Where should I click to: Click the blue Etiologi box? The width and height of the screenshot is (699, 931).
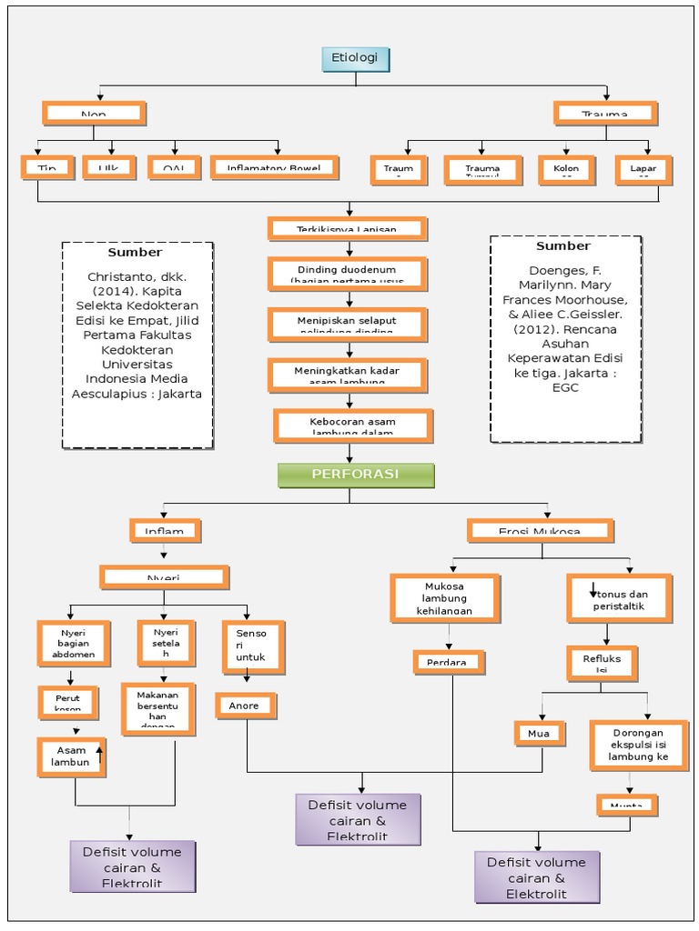(356, 59)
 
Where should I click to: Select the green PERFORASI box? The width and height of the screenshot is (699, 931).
(356, 475)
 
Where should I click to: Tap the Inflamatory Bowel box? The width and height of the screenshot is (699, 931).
(274, 167)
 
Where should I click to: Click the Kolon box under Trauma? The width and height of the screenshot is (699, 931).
(565, 169)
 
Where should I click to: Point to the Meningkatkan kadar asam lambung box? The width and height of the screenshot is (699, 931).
(347, 373)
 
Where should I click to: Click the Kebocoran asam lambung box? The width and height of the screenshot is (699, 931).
(352, 425)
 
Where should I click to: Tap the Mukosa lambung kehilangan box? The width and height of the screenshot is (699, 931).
(444, 598)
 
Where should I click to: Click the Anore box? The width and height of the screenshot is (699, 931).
(245, 706)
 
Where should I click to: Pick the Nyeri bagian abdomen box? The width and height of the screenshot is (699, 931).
(74, 644)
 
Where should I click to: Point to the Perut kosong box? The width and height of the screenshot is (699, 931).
(67, 702)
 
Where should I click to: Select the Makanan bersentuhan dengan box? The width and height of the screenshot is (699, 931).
(157, 709)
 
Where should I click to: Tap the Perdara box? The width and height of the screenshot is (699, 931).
(446, 662)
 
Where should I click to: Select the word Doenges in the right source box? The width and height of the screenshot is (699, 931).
(559, 270)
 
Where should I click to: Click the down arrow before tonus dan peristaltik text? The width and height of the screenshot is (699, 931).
(593, 589)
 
